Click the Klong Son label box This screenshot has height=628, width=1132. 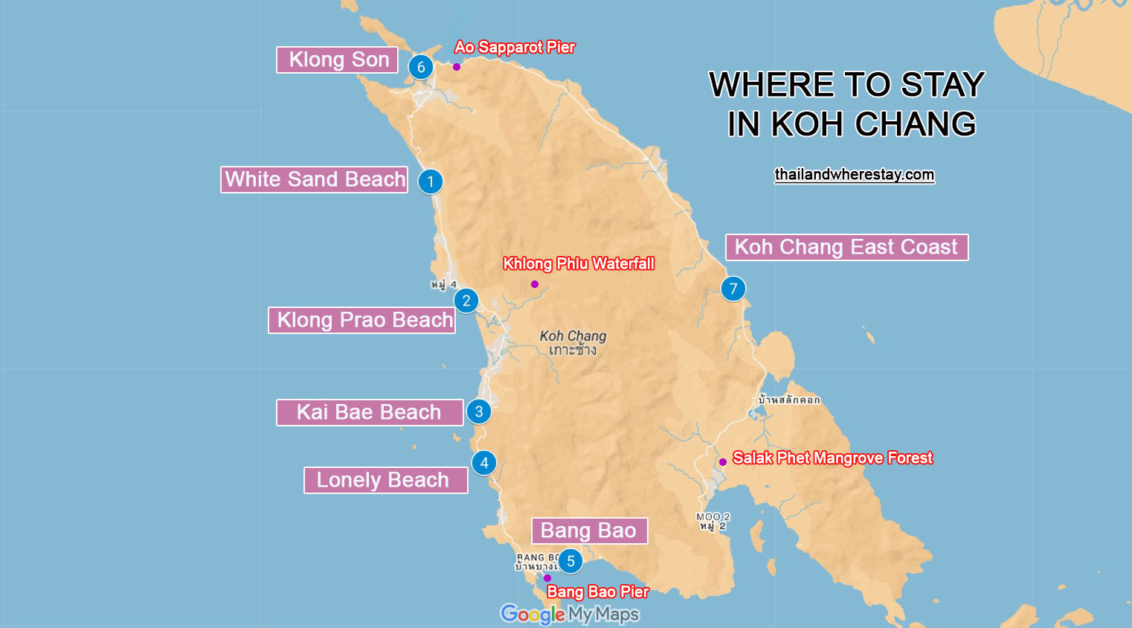[x=337, y=60]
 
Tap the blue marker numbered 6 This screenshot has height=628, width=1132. [x=421, y=67]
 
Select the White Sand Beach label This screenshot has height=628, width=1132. [x=314, y=179]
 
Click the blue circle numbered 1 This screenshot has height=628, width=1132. [x=431, y=182]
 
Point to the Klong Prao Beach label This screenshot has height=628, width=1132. [x=361, y=320]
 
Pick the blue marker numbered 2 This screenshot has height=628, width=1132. [x=466, y=301]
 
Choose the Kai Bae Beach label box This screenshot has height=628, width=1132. [x=370, y=412]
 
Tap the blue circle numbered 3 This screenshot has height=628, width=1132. [x=479, y=411]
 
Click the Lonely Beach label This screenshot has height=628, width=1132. [x=385, y=480]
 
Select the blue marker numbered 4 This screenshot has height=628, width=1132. [x=484, y=463]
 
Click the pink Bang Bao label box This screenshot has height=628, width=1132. [x=589, y=531]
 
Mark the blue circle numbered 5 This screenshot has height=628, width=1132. [x=570, y=561]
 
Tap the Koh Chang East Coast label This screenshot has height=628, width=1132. [x=846, y=247]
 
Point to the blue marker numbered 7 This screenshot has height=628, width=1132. [x=733, y=289]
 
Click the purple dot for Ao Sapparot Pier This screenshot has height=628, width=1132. [x=457, y=67]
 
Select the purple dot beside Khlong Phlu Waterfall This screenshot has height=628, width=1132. [x=535, y=284]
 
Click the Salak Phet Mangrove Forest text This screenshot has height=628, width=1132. [x=832, y=458]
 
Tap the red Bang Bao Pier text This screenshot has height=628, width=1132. [x=598, y=592]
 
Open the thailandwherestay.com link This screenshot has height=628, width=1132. [x=854, y=174]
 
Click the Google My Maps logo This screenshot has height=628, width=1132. [x=570, y=614]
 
